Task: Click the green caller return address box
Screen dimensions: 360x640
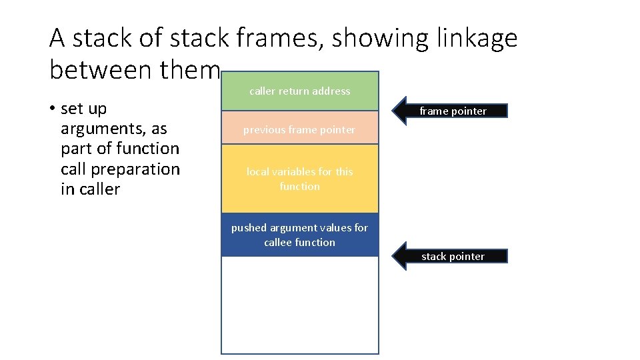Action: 300,91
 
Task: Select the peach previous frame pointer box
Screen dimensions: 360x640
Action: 300,129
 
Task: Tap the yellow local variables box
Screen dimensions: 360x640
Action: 300,179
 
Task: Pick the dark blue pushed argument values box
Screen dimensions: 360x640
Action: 300,235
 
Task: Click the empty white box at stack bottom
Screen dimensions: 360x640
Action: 300,305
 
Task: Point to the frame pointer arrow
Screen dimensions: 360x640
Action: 449,111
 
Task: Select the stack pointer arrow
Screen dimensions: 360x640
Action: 449,256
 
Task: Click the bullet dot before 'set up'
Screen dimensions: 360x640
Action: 52,109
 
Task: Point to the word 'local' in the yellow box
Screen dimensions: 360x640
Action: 257,171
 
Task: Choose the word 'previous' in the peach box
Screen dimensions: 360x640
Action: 263,129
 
